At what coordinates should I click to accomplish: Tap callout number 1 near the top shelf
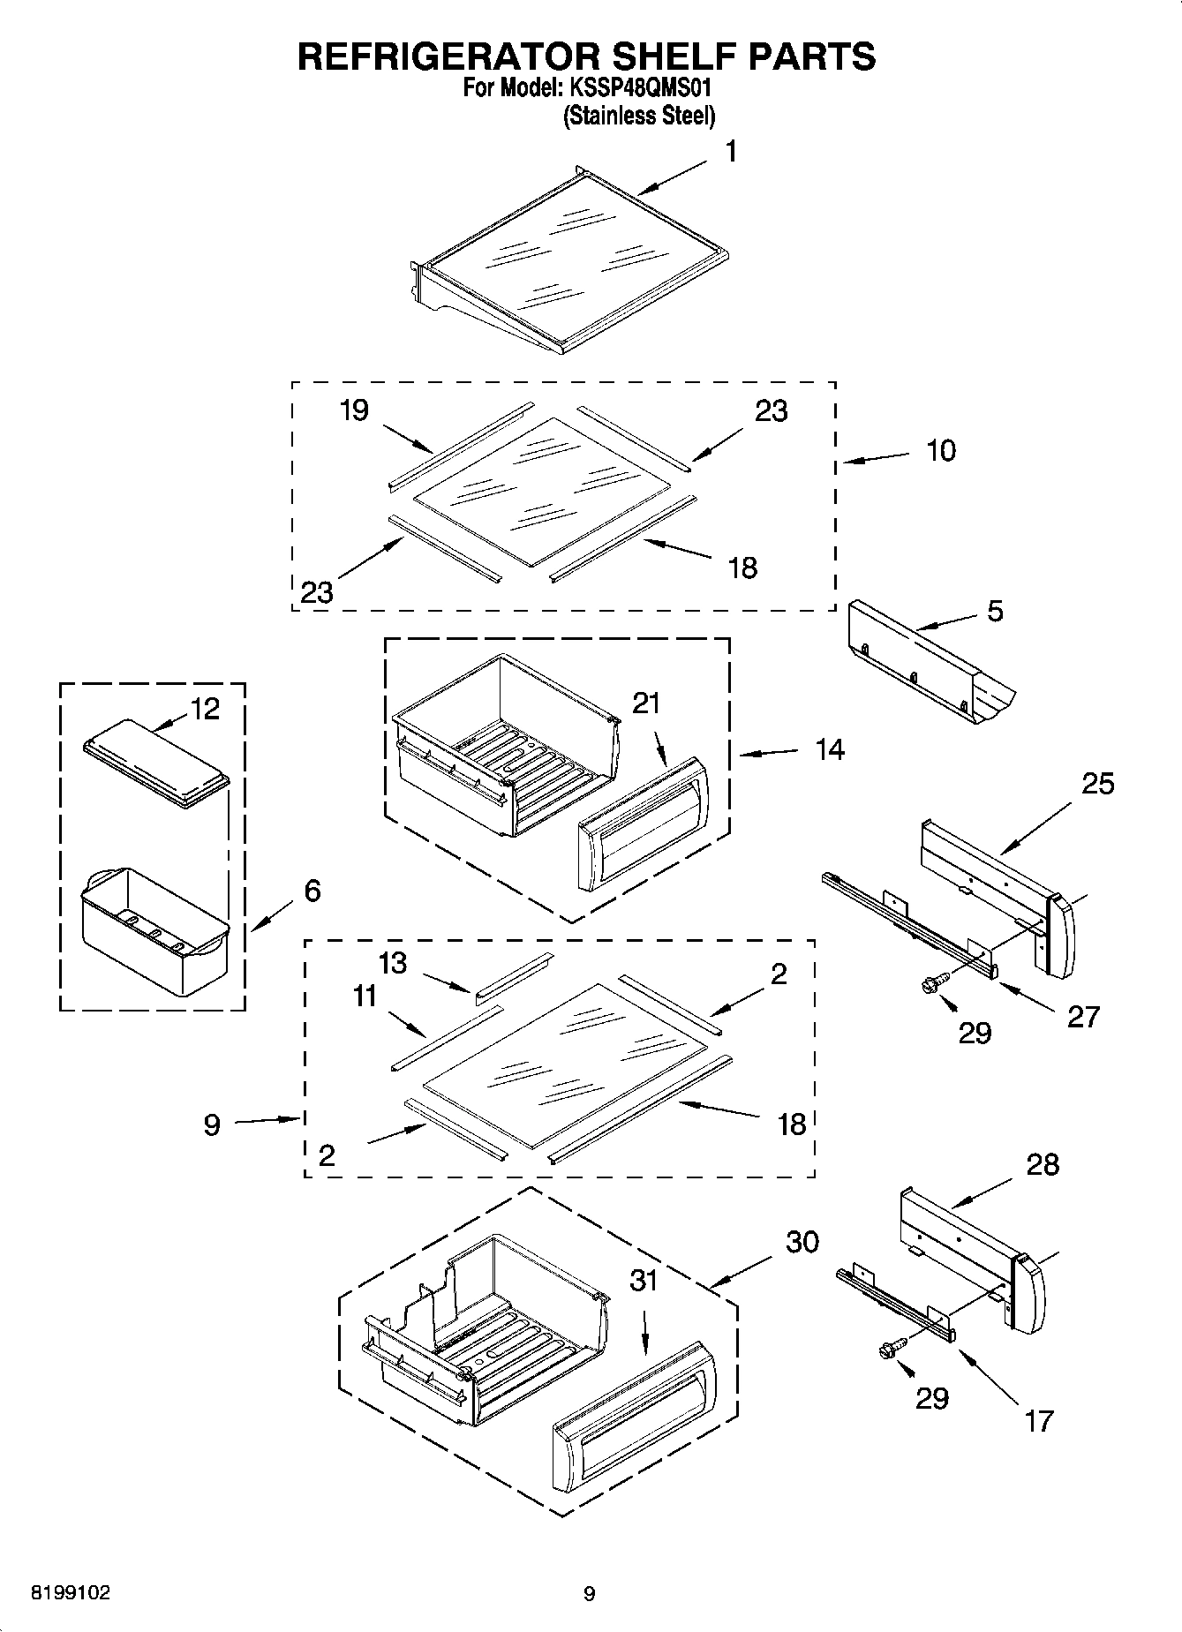coord(731,152)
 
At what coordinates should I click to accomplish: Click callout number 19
coord(354,410)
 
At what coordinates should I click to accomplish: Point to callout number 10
coord(941,451)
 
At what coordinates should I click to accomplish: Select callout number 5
coord(995,611)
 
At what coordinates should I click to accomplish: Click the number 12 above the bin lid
coord(205,709)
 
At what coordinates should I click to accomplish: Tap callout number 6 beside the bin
coord(312,891)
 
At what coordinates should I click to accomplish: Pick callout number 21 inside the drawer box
coord(646,703)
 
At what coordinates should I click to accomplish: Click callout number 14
coord(830,750)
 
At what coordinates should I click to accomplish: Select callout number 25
coord(1098,784)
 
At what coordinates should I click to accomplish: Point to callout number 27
coord(1083,1017)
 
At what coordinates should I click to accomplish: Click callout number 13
coord(393,963)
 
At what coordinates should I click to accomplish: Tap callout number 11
coord(365,996)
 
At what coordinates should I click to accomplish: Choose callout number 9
coord(212,1125)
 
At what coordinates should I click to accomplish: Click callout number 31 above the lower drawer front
coord(644,1281)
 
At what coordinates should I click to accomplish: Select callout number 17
coord(1040,1420)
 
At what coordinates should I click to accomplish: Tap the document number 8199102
coord(71,1593)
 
